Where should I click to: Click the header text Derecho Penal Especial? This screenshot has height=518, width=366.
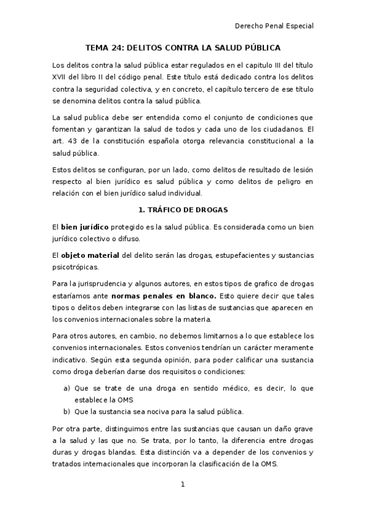pyautogui.click(x=274, y=26)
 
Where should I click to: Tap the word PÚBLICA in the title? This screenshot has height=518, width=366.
pyautogui.click(x=260, y=48)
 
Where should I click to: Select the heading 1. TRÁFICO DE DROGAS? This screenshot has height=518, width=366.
pyautogui.click(x=183, y=210)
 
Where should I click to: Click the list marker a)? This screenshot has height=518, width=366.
pyautogui.click(x=67, y=388)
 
